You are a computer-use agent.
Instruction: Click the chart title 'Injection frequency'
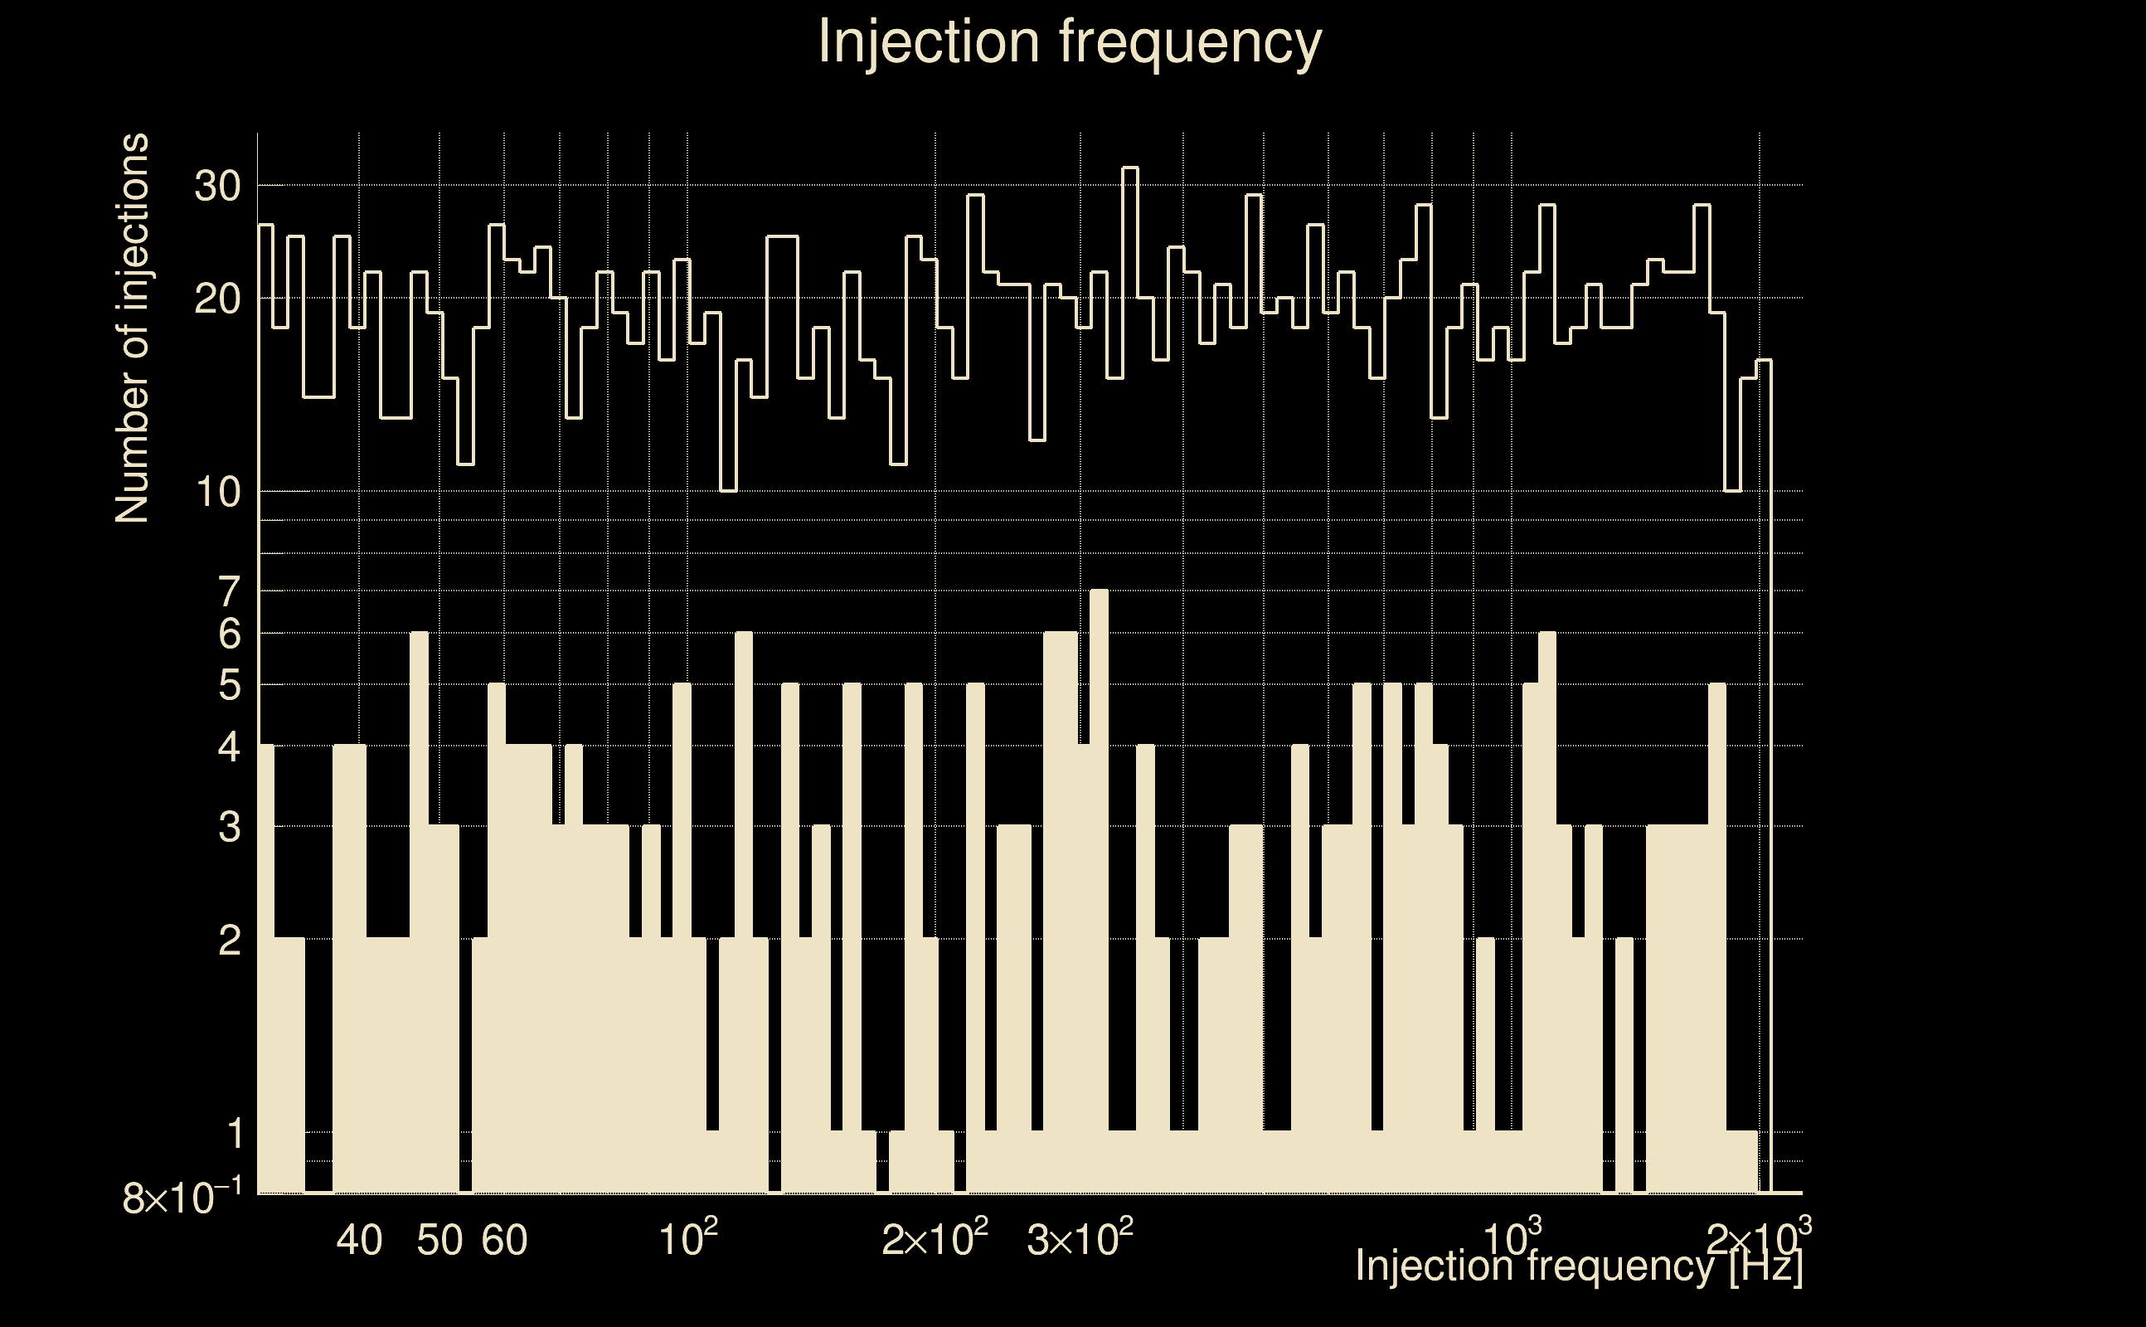(x=1070, y=42)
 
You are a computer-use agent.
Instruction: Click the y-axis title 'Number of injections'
(x=132, y=328)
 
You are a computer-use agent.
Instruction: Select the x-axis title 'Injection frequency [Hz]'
(x=1578, y=1266)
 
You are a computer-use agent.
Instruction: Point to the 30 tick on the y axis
(x=217, y=186)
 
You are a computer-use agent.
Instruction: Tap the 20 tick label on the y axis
(x=217, y=300)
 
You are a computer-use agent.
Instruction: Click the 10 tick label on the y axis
(x=217, y=493)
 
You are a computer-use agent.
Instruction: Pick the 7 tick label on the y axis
(x=229, y=592)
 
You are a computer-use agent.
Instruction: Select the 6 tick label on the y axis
(x=229, y=634)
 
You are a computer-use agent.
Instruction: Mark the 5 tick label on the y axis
(x=229, y=685)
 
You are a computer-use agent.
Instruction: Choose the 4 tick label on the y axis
(x=229, y=747)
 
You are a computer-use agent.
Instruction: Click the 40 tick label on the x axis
(x=360, y=1240)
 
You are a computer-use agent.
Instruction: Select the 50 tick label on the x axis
(x=439, y=1240)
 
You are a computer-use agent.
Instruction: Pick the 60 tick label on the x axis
(x=505, y=1240)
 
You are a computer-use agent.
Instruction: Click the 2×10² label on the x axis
(x=935, y=1238)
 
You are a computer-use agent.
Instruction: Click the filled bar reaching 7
(x=1099, y=877)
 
